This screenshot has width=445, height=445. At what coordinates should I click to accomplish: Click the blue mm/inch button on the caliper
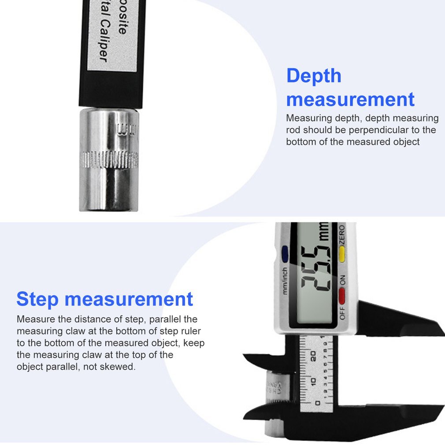click(284, 253)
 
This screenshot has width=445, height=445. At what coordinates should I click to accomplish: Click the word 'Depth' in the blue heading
click(314, 76)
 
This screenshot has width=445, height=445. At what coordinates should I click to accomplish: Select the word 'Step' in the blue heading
click(37, 299)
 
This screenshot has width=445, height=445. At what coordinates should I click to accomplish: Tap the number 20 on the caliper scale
click(313, 356)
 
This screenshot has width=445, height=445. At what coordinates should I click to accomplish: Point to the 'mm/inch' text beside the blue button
click(285, 281)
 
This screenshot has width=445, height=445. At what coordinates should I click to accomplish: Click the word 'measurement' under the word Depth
click(350, 100)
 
